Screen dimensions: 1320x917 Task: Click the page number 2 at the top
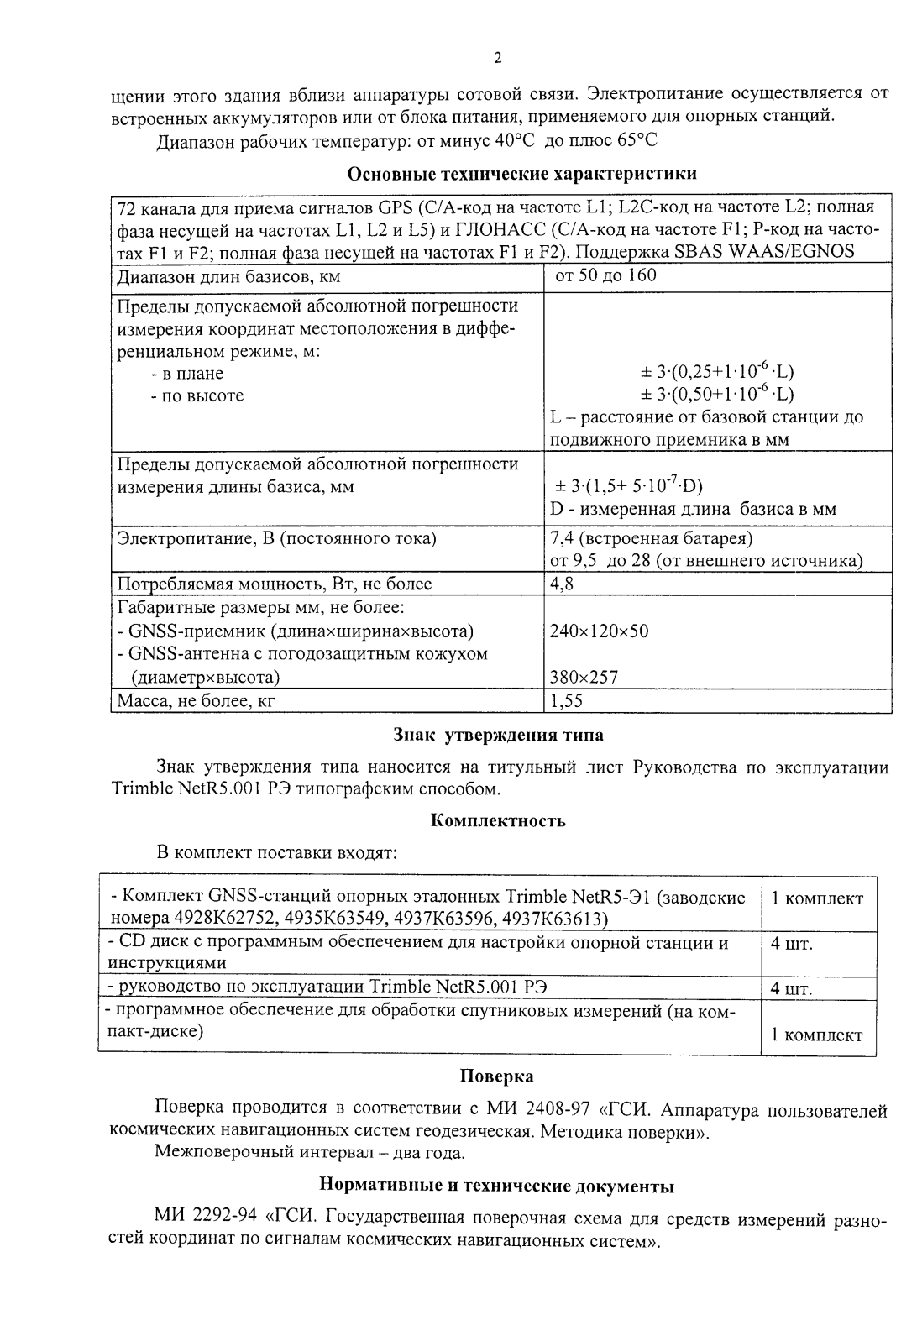pos(497,58)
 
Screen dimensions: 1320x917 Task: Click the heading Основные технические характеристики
pos(521,175)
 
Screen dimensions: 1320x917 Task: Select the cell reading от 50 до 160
pos(602,275)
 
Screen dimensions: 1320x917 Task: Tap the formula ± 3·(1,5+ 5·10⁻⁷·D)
pos(629,486)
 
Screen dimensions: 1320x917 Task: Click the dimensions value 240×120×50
pos(599,631)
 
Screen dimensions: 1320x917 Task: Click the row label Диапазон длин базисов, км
pos(228,277)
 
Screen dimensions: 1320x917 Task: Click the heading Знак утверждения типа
pos(498,736)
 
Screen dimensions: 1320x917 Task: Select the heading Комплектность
pos(497,821)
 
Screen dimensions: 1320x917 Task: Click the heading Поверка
pos(496,1076)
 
